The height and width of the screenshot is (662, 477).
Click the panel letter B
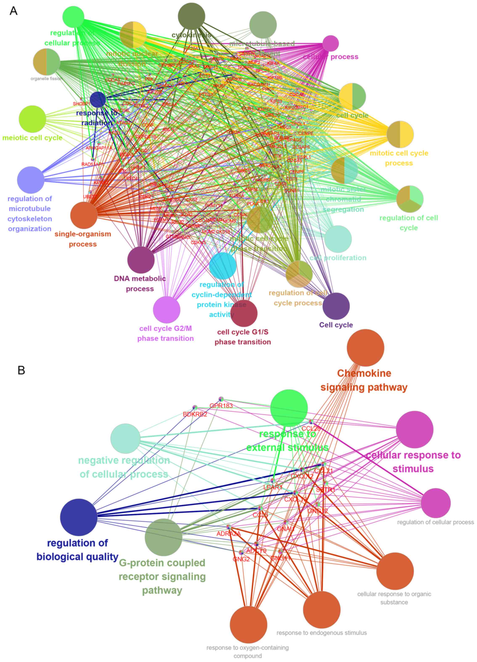click(x=21, y=370)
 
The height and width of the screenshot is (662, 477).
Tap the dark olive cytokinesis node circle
click(x=192, y=16)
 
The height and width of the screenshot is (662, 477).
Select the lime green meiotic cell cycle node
click(x=32, y=119)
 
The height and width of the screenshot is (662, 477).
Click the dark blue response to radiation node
click(x=98, y=99)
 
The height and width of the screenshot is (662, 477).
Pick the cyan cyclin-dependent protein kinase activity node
click(x=223, y=266)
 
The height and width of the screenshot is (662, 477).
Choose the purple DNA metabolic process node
click(x=141, y=260)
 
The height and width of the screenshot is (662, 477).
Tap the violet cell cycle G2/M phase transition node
click(x=167, y=309)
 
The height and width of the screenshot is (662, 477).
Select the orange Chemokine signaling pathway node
click(x=366, y=348)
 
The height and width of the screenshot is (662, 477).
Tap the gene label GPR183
click(x=221, y=406)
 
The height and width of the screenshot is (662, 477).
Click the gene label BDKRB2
click(x=195, y=414)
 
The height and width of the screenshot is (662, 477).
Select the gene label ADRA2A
click(x=229, y=534)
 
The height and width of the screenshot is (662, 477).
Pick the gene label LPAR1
click(x=273, y=487)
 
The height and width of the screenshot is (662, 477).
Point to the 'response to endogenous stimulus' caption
click(x=322, y=633)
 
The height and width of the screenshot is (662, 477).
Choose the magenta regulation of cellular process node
click(x=436, y=503)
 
